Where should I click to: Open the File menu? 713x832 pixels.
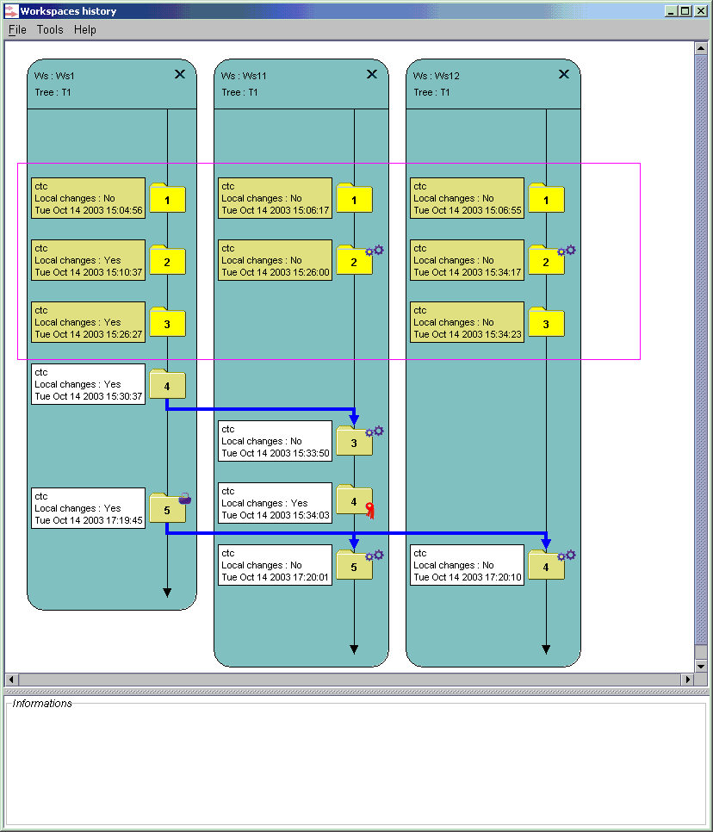[x=17, y=29]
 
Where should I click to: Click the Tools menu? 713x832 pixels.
[x=50, y=29]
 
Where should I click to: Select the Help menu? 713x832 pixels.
[x=85, y=29]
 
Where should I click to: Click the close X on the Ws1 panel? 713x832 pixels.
[x=180, y=74]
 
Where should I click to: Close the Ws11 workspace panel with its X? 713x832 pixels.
[x=372, y=74]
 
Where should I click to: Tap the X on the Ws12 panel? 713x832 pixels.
[x=564, y=74]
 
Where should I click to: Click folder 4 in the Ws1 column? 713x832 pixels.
[x=167, y=384]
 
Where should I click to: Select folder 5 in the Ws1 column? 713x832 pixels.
[x=167, y=508]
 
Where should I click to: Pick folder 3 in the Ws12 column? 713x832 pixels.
[x=546, y=322]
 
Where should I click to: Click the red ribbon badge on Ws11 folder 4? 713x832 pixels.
[x=369, y=511]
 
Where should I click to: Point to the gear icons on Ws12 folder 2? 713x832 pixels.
[x=566, y=250]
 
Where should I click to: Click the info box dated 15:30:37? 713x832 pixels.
[x=88, y=384]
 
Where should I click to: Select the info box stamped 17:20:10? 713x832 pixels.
[x=467, y=565]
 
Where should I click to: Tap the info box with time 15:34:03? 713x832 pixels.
[x=275, y=503]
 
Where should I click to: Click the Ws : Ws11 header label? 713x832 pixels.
[x=244, y=76]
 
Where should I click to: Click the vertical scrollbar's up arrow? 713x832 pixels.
[x=701, y=48]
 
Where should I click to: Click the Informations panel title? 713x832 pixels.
[x=42, y=704]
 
